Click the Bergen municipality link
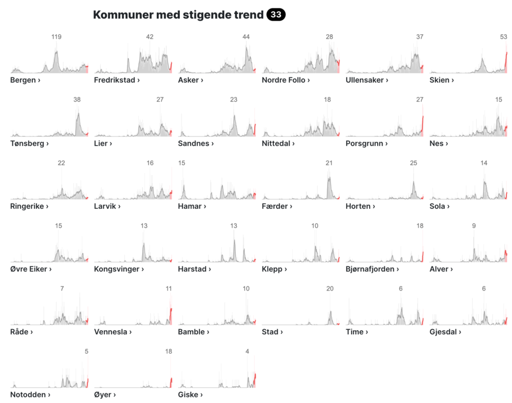[x=25, y=80]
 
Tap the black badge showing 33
[x=276, y=15]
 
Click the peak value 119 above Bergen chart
[x=56, y=37]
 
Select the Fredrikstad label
[x=117, y=80]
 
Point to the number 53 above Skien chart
[x=503, y=37]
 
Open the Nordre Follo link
[x=286, y=80]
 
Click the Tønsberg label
[x=29, y=143]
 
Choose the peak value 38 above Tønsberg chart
[x=77, y=100]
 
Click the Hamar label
[x=192, y=206]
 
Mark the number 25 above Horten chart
[x=413, y=163]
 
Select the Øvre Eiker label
[x=31, y=269]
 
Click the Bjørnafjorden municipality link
[x=373, y=269]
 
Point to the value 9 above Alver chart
[x=474, y=226]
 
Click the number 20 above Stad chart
[x=330, y=289]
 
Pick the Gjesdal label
[x=445, y=332]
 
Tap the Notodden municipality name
[x=30, y=395]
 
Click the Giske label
[x=190, y=395]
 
